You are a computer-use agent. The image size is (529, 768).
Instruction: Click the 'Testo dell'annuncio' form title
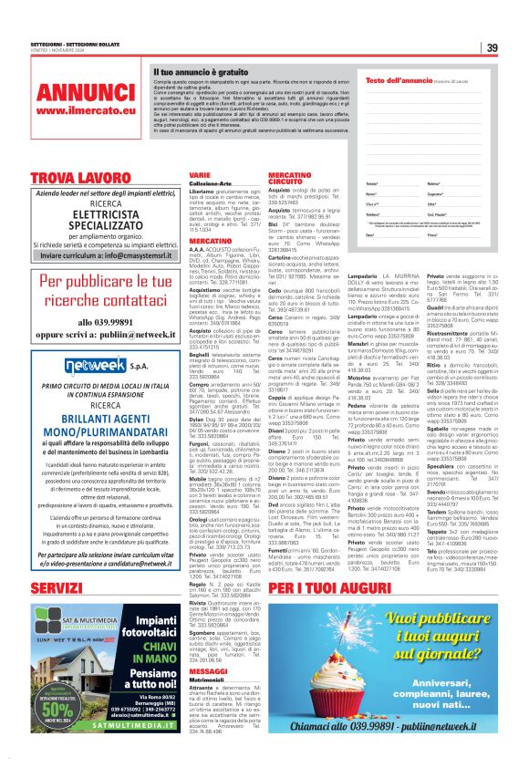pos(399,82)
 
